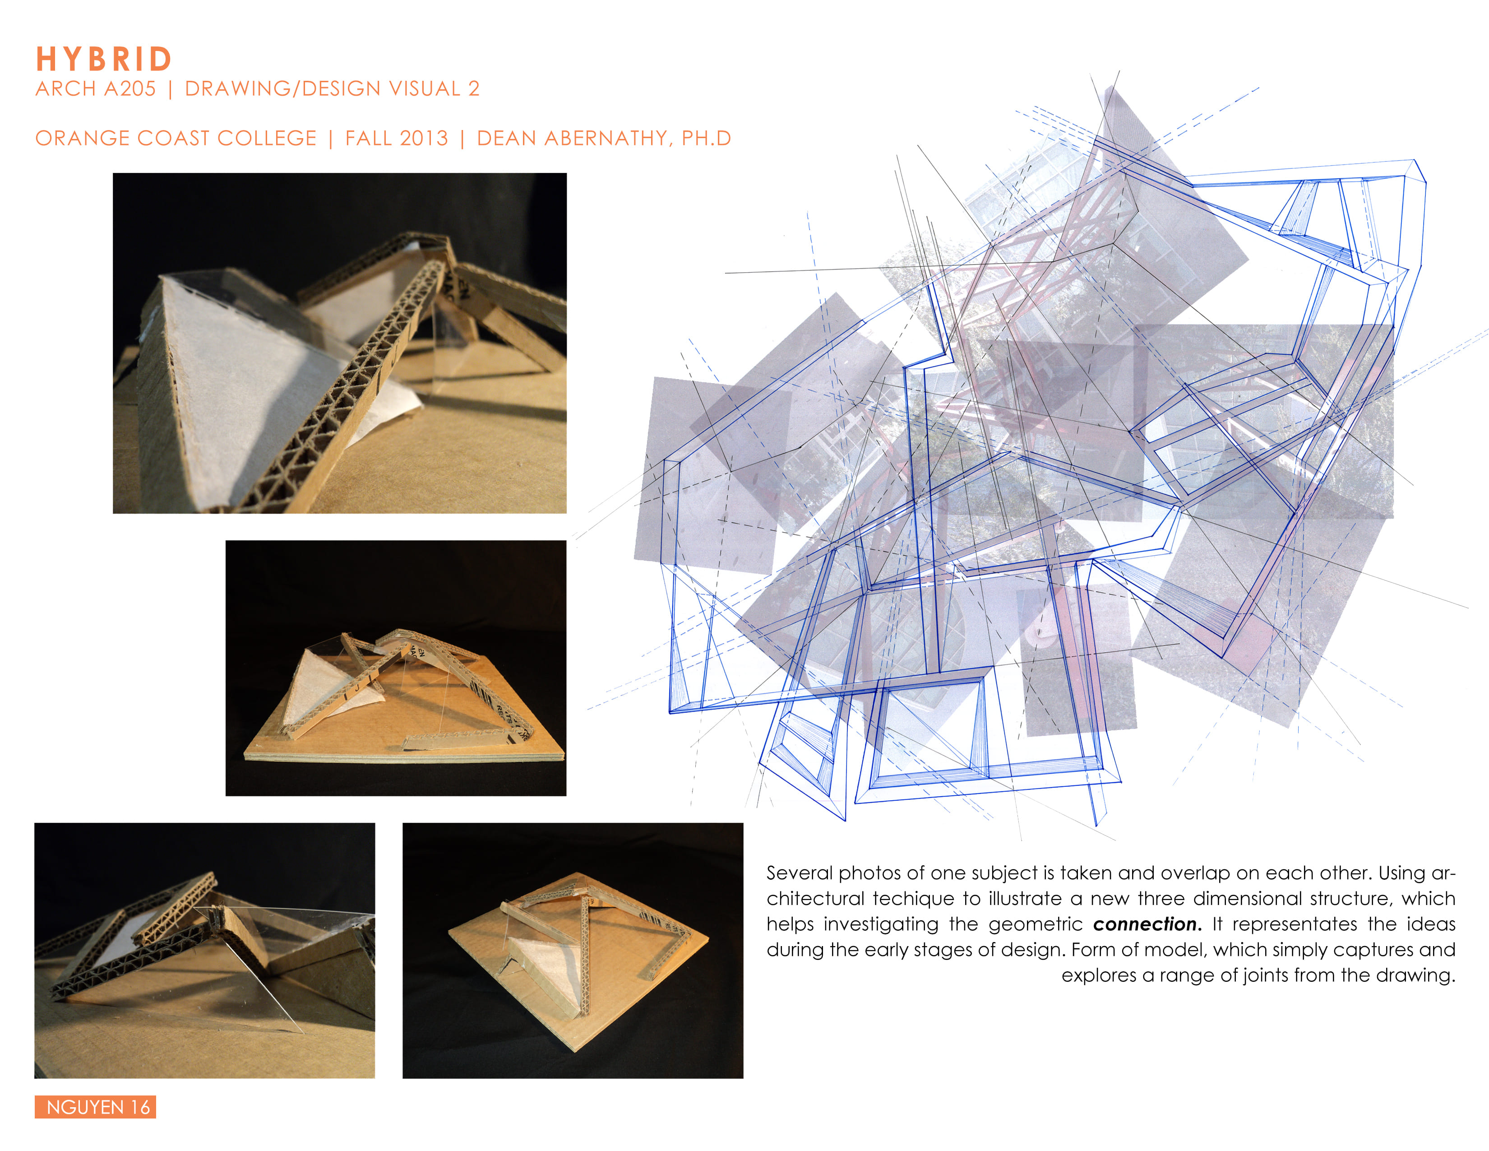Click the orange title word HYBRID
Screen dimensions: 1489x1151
[104, 59]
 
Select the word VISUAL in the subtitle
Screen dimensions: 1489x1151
[425, 88]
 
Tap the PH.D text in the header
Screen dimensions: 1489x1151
[706, 139]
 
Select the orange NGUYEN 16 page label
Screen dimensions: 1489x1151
[96, 1107]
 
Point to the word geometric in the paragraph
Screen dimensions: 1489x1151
[1035, 924]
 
